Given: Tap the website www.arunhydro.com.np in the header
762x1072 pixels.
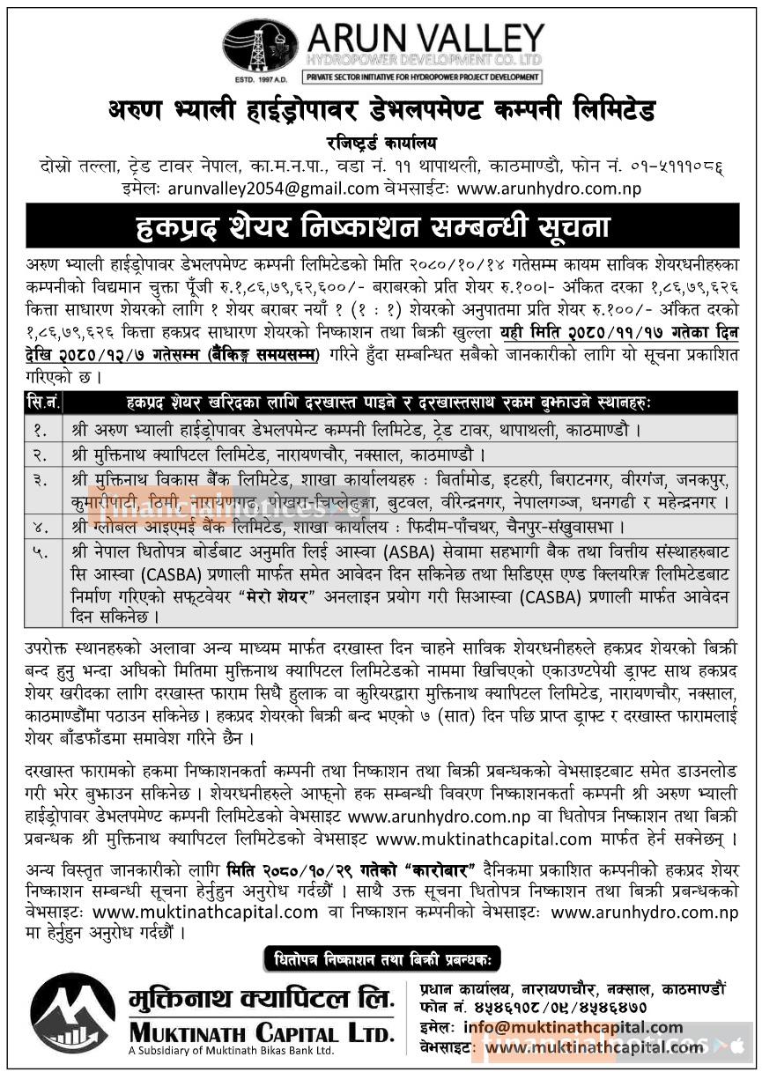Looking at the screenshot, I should coord(549,188).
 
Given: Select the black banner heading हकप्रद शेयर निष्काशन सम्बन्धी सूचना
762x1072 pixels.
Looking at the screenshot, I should coord(381,225).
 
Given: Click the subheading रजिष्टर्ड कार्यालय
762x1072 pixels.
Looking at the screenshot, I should coord(381,143).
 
